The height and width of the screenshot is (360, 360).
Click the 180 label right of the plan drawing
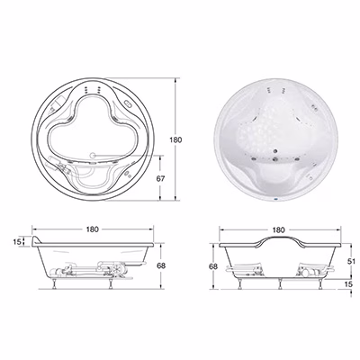[175, 139]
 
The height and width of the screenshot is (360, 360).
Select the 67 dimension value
[160, 178]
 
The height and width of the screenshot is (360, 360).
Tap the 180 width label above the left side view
[93, 229]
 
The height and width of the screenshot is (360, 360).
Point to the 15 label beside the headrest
[18, 241]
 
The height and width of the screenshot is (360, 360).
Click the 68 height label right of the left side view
[161, 265]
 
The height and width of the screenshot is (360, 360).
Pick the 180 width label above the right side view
[279, 230]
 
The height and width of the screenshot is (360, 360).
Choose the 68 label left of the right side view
[213, 266]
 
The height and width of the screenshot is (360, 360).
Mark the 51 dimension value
[351, 261]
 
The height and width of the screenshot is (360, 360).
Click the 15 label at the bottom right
[348, 284]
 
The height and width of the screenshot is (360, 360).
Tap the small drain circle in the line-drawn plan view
[93, 155]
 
